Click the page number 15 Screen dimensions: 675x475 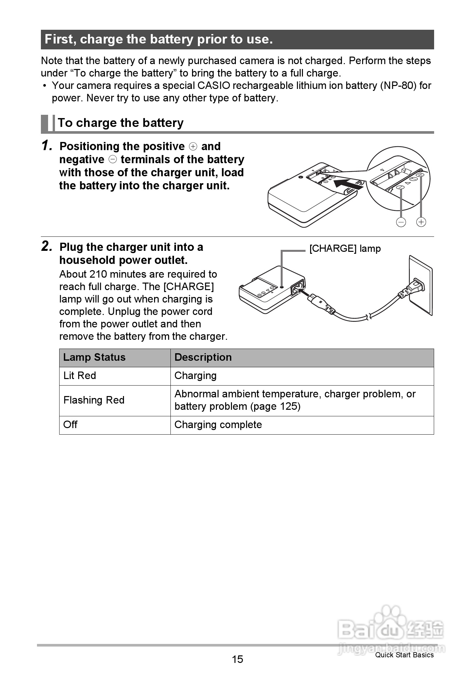click(237, 659)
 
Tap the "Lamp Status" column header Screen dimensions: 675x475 click(94, 357)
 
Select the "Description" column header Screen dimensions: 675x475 click(203, 357)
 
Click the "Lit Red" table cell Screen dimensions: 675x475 click(79, 376)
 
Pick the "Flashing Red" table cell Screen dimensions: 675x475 click(94, 400)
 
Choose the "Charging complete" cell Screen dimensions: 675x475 click(218, 425)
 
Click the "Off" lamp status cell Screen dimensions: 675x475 click(70, 425)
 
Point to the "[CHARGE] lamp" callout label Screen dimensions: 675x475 click(345, 249)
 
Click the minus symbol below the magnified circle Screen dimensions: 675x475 click(401, 222)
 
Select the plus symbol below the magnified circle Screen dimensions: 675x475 click(421, 222)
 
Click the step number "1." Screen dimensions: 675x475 click(47, 146)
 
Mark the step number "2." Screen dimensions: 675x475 click(47, 247)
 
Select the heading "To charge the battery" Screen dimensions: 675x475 click(120, 123)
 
